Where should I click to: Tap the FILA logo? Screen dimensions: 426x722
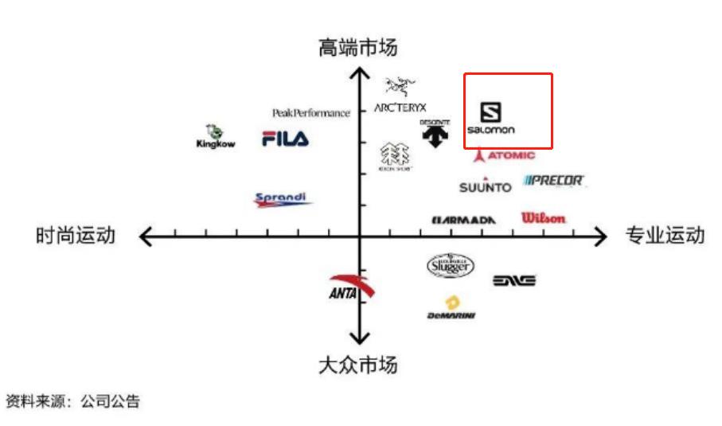285,139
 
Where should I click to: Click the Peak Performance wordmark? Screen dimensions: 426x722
310,113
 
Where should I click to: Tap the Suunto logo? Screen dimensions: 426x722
485,186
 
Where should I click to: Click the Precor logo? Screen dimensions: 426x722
554,181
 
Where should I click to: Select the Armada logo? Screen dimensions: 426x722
464,219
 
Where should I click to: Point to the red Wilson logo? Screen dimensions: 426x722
544,217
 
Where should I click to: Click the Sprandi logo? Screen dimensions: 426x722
283,199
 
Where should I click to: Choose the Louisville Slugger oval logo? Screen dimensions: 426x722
451,266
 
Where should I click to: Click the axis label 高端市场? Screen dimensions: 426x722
358,49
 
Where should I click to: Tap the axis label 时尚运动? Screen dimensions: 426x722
76,236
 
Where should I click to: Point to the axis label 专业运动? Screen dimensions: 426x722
665,236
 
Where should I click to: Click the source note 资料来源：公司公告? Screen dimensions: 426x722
73,401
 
